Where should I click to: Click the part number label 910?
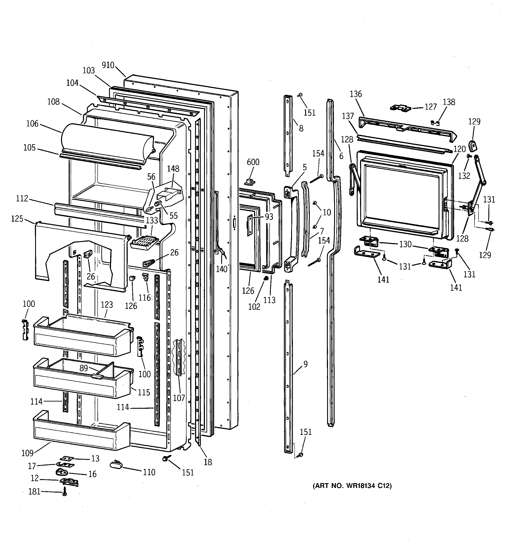pyautogui.click(x=108, y=65)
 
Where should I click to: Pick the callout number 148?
pyautogui.click(x=173, y=169)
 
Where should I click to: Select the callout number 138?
pyautogui.click(x=449, y=102)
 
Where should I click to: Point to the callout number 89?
pyautogui.click(x=84, y=368)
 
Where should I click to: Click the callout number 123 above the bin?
pyautogui.click(x=107, y=305)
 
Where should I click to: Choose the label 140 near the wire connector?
pyautogui.click(x=222, y=269)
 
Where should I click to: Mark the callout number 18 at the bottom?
pyautogui.click(x=208, y=462)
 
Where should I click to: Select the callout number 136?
pyautogui.click(x=356, y=94)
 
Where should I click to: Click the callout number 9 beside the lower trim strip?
pyautogui.click(x=305, y=364)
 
